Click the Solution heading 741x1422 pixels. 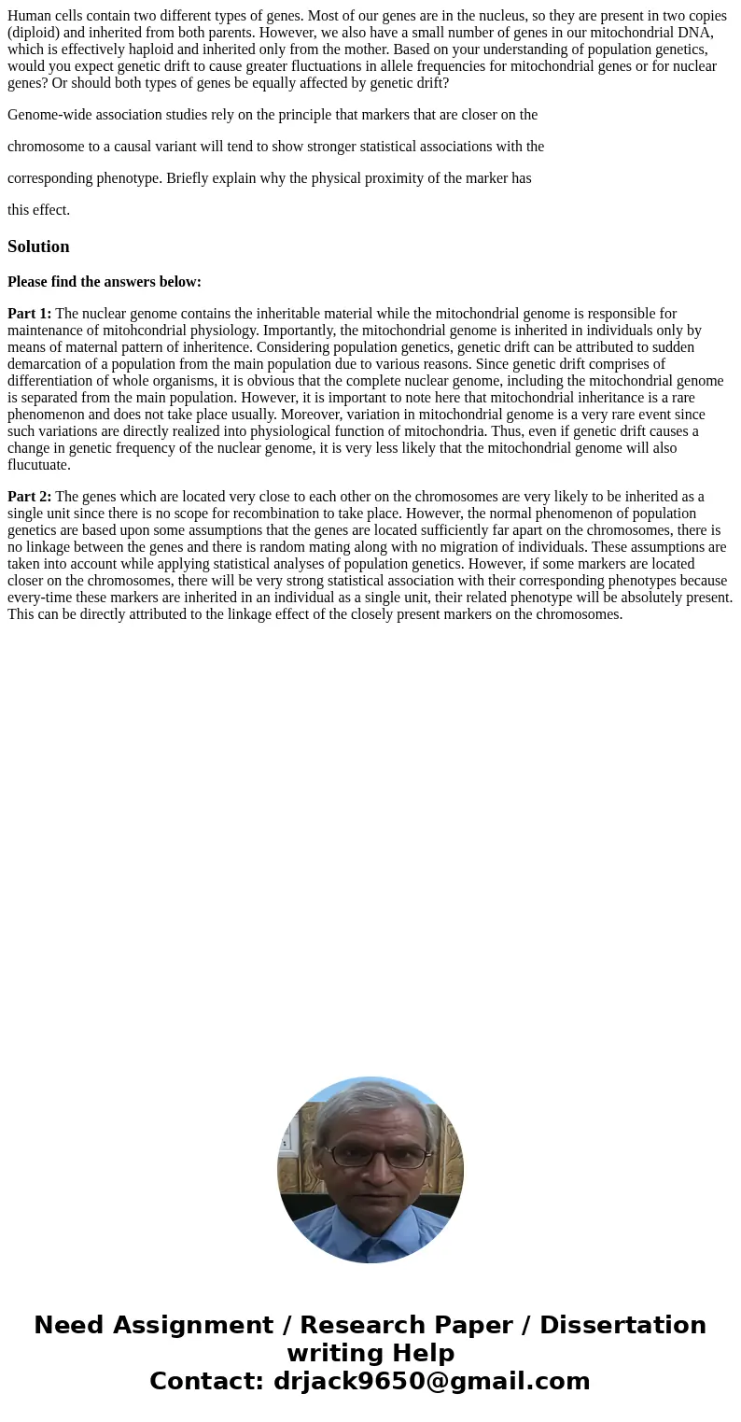click(x=38, y=246)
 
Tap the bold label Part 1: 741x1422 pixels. click(x=29, y=314)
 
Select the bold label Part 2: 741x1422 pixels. click(x=29, y=497)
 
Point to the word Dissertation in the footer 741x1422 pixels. click(x=622, y=1325)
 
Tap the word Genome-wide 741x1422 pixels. click(x=49, y=115)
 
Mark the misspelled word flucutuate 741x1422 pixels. click(x=38, y=465)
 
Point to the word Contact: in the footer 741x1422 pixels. click(x=206, y=1381)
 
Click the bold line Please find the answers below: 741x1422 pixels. click(x=105, y=282)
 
